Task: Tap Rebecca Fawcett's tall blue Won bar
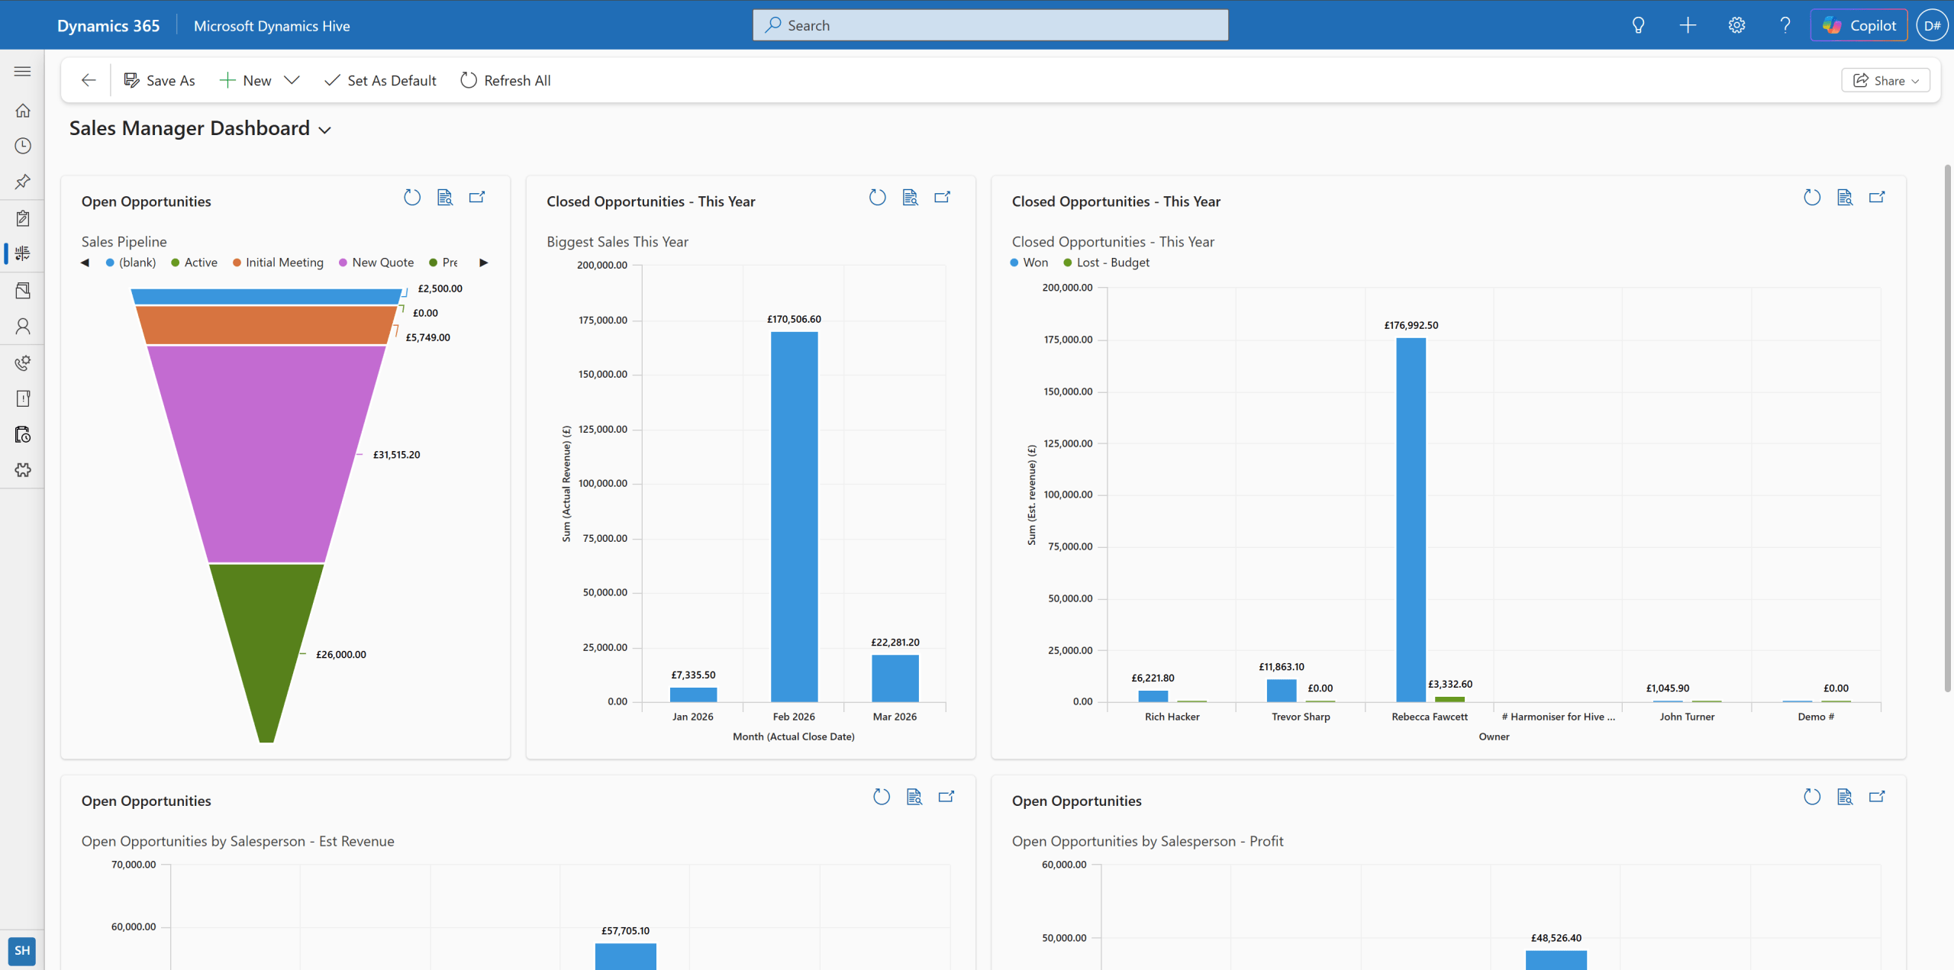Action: coord(1410,519)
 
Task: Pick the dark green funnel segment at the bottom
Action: coord(266,641)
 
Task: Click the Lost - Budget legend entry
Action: coord(1111,263)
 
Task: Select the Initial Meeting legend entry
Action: coord(284,263)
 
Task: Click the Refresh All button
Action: coord(505,81)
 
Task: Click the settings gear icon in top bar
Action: coord(1736,25)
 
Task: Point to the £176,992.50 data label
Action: coord(1411,325)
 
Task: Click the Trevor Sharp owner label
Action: coord(1300,717)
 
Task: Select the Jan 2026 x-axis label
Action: coord(692,717)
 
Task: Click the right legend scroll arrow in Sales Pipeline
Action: coord(483,263)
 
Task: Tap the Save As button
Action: coord(160,81)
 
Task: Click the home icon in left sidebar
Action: coord(23,111)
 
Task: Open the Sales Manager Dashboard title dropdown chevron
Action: coord(325,130)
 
